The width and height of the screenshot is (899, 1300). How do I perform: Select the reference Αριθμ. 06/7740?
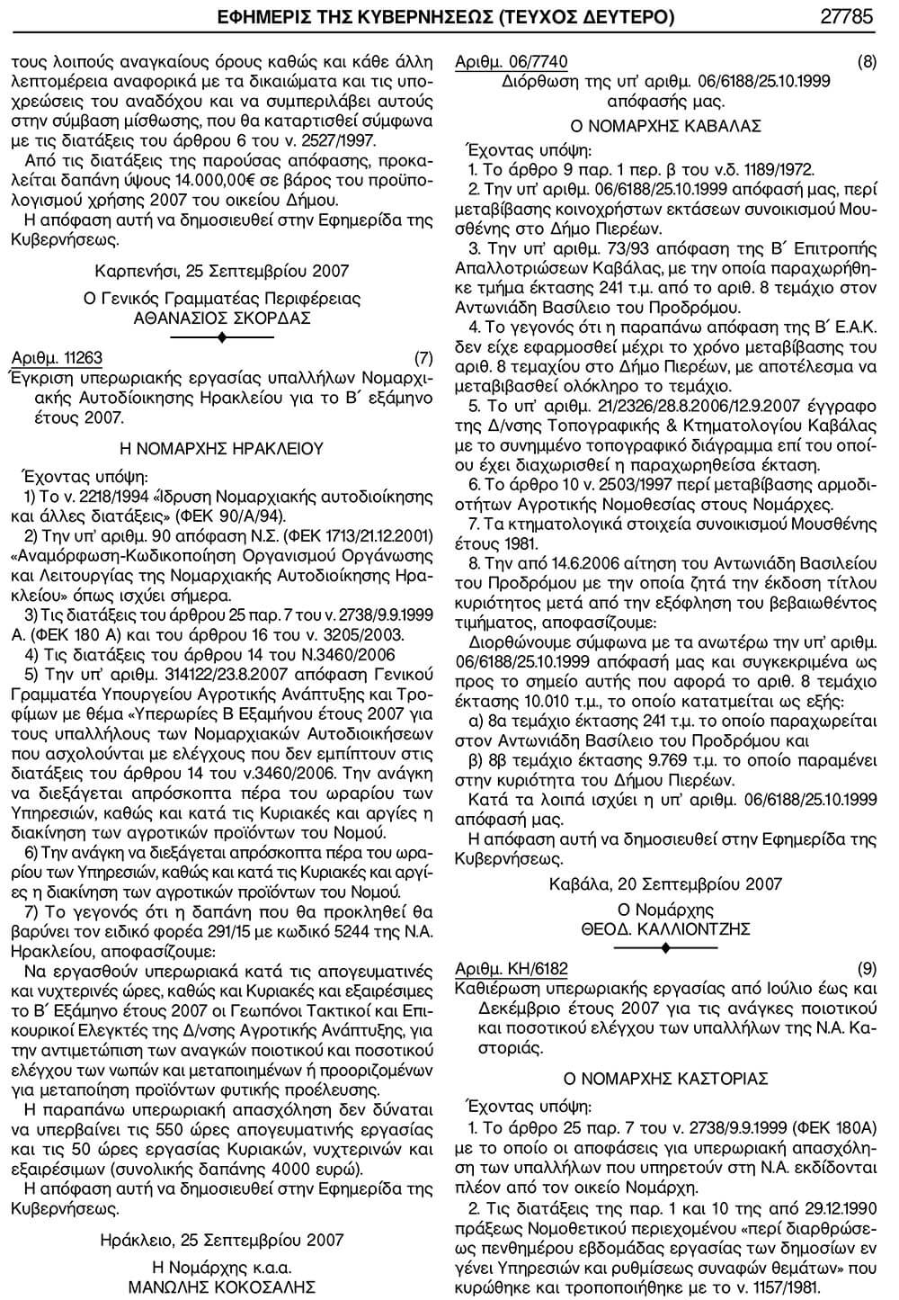click(x=512, y=62)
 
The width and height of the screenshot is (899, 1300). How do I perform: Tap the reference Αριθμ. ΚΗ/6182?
click(x=512, y=969)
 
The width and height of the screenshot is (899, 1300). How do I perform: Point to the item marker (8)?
click(x=867, y=62)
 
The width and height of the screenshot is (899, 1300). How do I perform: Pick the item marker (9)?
click(x=867, y=969)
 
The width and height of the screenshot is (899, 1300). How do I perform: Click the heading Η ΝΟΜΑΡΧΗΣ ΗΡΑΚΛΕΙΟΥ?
click(x=221, y=447)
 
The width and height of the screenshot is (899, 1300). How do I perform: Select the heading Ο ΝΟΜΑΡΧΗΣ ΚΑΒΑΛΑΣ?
click(x=666, y=125)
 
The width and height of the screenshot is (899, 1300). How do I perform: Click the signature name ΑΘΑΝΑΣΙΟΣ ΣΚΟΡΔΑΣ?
click(x=221, y=318)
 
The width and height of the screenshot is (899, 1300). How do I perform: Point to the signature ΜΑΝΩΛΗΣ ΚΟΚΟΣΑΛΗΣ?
click(x=221, y=1287)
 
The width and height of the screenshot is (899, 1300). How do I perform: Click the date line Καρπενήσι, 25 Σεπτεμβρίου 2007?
click(x=221, y=271)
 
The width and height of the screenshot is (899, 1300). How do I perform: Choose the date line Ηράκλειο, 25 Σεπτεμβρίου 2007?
click(x=221, y=1240)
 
